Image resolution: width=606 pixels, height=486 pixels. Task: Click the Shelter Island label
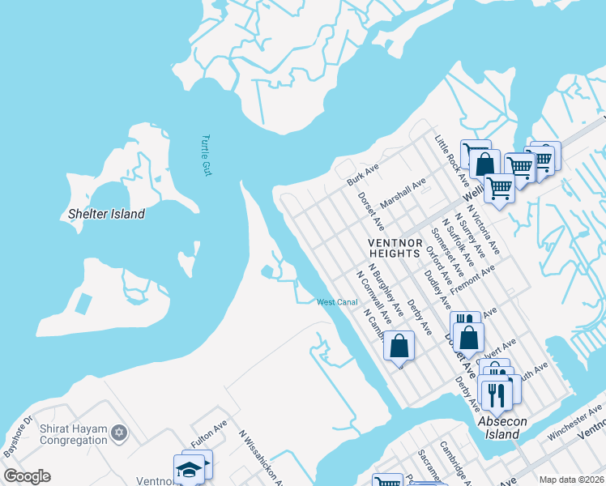point(106,215)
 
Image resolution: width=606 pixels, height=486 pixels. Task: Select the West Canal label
point(337,302)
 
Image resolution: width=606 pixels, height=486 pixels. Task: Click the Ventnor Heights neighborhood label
point(395,248)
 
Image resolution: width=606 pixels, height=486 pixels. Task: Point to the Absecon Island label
point(503,428)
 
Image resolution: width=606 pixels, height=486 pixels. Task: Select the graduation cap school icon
point(189,470)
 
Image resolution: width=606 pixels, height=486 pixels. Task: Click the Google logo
point(27,476)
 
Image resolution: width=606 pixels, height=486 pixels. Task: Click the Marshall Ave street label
point(403,195)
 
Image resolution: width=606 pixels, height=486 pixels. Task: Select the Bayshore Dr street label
point(17,435)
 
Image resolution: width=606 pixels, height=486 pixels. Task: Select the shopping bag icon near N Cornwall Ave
point(399,347)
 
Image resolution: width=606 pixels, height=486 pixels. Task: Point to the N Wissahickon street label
point(261,458)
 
